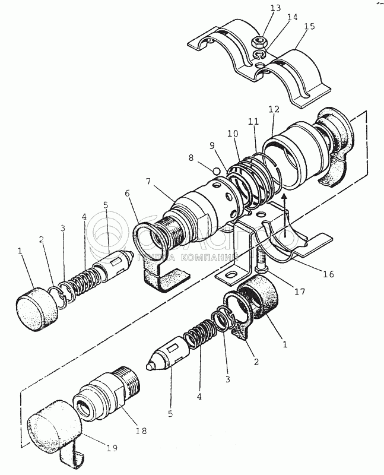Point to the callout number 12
click(274, 110)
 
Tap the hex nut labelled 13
click(259, 43)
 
